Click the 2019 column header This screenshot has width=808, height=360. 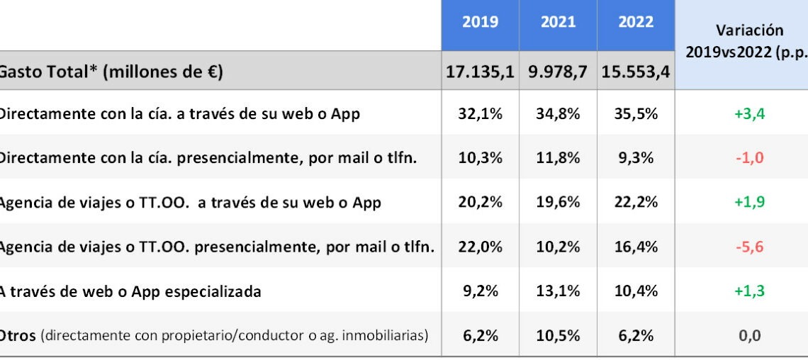click(480, 23)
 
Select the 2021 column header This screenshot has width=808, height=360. click(558, 23)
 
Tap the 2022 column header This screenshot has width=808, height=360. click(636, 23)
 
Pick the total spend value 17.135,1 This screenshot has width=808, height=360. click(480, 72)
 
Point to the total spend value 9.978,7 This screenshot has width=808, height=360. click(558, 72)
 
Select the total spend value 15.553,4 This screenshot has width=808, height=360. click(636, 72)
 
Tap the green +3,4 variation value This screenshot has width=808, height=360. click(750, 113)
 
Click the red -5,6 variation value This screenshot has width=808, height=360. click(750, 247)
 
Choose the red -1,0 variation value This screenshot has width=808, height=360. click(750, 157)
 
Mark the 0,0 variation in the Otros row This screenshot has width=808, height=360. click(750, 335)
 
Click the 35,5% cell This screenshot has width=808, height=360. click(636, 113)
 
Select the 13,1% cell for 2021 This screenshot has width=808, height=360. click(558, 291)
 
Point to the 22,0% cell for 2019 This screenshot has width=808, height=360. click(480, 247)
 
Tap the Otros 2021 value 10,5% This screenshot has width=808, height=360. click(558, 335)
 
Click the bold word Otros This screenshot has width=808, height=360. click(18, 335)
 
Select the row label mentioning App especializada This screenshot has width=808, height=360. click(130, 291)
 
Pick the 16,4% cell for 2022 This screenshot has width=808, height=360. click(636, 247)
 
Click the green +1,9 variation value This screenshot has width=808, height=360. click(750, 202)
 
